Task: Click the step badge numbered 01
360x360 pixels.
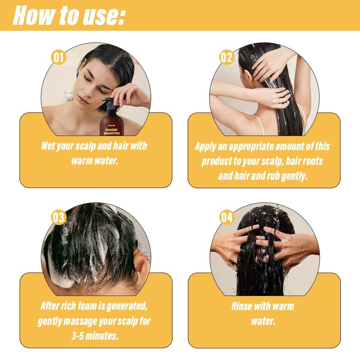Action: (58, 57)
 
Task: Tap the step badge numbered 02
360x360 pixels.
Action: (226, 57)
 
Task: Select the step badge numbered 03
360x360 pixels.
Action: (58, 217)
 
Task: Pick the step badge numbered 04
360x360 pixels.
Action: (226, 217)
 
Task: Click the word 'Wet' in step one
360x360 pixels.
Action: (50, 146)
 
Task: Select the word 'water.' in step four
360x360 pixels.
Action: (264, 321)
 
